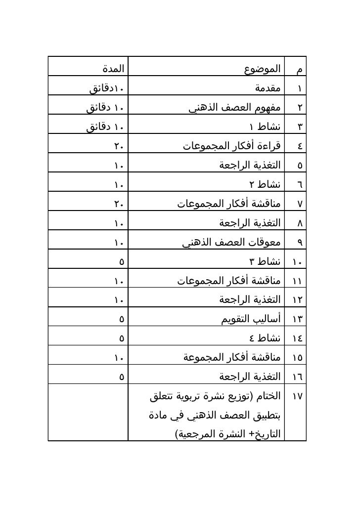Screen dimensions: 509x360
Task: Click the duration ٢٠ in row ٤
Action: tap(118, 146)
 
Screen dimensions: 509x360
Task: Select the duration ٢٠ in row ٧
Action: tap(118, 204)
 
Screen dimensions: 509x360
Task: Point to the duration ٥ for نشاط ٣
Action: tap(121, 262)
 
